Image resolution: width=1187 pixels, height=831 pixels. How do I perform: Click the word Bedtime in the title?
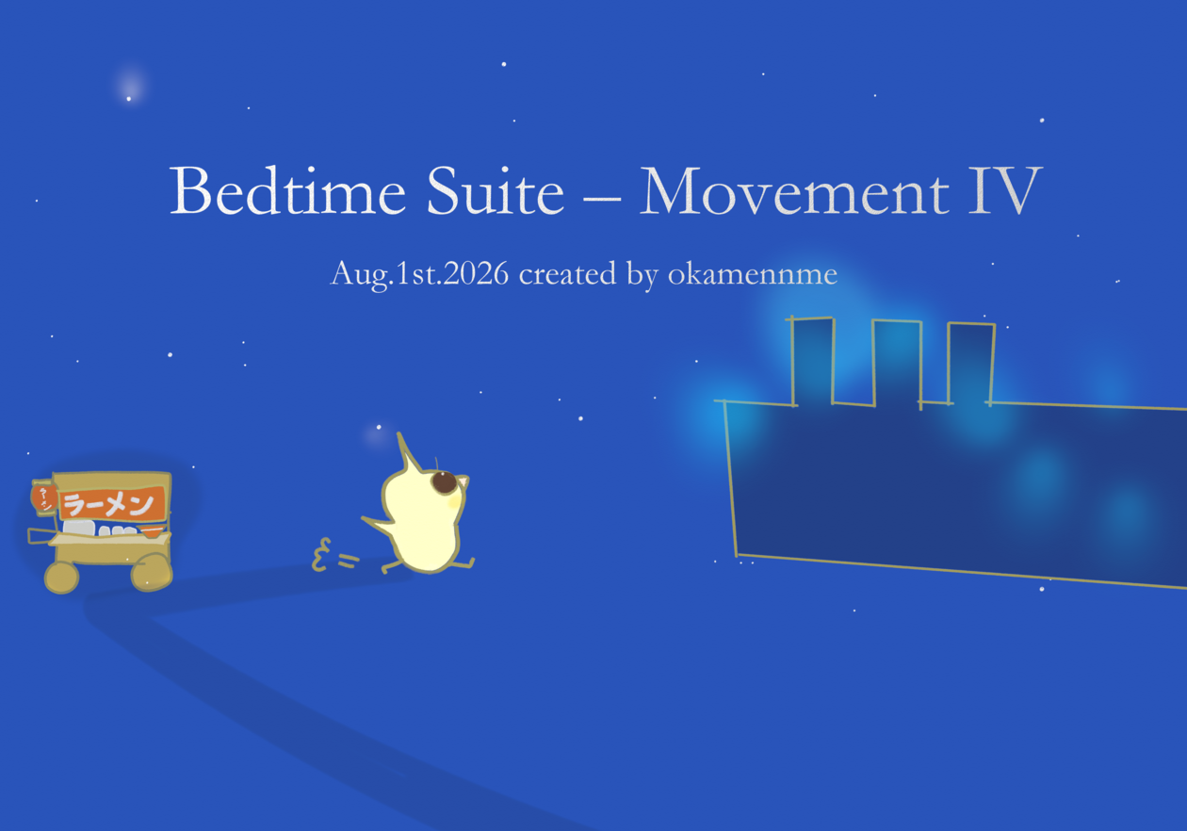[287, 189]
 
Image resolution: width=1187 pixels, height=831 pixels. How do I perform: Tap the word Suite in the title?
[496, 189]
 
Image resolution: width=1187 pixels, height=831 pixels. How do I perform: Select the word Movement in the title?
[794, 189]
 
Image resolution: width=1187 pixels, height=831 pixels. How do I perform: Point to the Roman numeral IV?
[1005, 190]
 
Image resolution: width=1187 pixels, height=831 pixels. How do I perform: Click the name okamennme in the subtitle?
[753, 274]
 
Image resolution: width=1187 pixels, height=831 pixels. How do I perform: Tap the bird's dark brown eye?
[444, 481]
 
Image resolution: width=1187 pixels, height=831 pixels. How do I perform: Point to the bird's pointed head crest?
[407, 453]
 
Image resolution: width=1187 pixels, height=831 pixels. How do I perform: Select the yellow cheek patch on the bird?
[454, 501]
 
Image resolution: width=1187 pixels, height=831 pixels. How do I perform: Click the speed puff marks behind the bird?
[333, 556]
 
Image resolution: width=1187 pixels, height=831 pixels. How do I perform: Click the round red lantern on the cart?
[44, 498]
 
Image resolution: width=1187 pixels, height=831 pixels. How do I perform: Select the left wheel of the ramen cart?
[61, 578]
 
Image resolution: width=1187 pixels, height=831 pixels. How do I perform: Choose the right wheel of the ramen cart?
[152, 572]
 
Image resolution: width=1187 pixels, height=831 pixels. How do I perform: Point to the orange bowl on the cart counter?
[152, 531]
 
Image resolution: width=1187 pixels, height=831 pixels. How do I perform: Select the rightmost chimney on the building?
[970, 364]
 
